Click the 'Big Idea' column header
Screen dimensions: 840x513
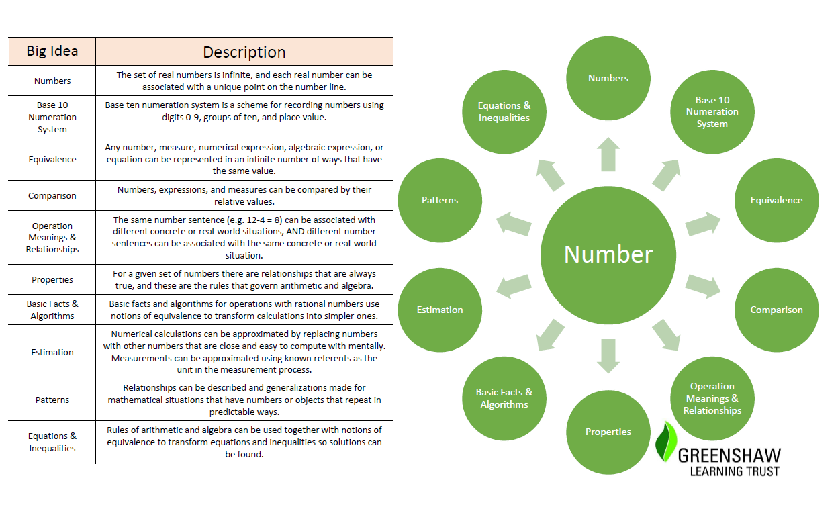[52, 51]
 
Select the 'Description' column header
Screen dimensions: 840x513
[244, 52]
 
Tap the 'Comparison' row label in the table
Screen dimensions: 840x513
[52, 196]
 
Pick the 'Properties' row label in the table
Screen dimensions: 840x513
[52, 280]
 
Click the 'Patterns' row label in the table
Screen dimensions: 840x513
[52, 400]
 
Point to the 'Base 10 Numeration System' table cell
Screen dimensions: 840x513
[52, 117]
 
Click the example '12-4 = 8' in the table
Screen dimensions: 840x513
[261, 220]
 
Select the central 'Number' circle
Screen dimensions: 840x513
[608, 255]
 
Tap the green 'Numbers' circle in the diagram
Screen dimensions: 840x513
[608, 78]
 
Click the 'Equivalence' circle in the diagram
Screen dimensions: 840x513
[777, 200]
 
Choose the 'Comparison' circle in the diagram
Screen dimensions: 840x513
[777, 310]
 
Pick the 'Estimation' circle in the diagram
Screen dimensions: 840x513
[440, 310]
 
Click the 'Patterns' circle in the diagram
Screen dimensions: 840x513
[440, 200]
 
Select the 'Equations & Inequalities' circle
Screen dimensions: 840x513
[504, 111]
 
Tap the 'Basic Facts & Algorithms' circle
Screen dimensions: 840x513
[504, 398]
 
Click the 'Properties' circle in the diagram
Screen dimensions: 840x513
[608, 432]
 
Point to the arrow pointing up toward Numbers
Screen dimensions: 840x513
[608, 154]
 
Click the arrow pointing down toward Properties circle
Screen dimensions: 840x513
[608, 357]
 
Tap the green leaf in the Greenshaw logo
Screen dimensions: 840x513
[666, 442]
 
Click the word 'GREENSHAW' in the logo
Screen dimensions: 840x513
[729, 456]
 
